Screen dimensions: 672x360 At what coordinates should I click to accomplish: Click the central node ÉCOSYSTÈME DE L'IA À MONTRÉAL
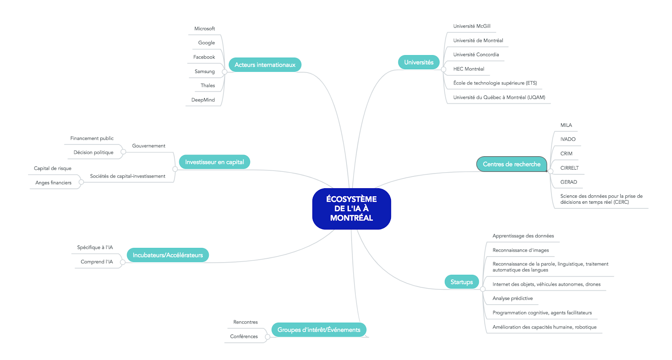point(352,209)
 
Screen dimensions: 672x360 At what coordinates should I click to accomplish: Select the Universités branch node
point(418,63)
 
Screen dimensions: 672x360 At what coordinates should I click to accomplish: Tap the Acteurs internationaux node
point(265,65)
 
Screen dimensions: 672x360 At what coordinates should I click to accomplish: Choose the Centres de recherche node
point(512,164)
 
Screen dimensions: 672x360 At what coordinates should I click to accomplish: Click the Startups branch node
point(462,282)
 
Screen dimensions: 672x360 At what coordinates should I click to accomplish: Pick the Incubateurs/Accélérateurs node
point(168,255)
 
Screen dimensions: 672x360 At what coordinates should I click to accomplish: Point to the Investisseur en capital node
point(215,162)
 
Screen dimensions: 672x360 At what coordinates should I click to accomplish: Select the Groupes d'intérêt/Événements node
point(319,330)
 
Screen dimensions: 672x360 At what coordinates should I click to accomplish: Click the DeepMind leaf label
point(203,100)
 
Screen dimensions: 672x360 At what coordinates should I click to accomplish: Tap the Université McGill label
point(472,26)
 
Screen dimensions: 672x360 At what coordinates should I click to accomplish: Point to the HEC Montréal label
point(469,69)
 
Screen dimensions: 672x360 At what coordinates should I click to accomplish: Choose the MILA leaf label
point(566,125)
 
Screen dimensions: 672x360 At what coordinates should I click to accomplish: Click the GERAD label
point(569,182)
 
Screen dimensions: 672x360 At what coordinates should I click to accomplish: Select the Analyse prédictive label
point(512,298)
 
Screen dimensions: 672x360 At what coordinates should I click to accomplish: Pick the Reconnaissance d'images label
point(520,250)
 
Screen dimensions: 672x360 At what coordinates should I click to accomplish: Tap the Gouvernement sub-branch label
point(149,146)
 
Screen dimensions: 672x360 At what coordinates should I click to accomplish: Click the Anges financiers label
point(53,183)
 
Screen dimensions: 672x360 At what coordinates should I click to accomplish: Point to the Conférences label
point(244,336)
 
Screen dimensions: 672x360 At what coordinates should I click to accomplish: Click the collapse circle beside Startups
point(483,289)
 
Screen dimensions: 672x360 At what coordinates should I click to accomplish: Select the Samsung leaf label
point(205,71)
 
